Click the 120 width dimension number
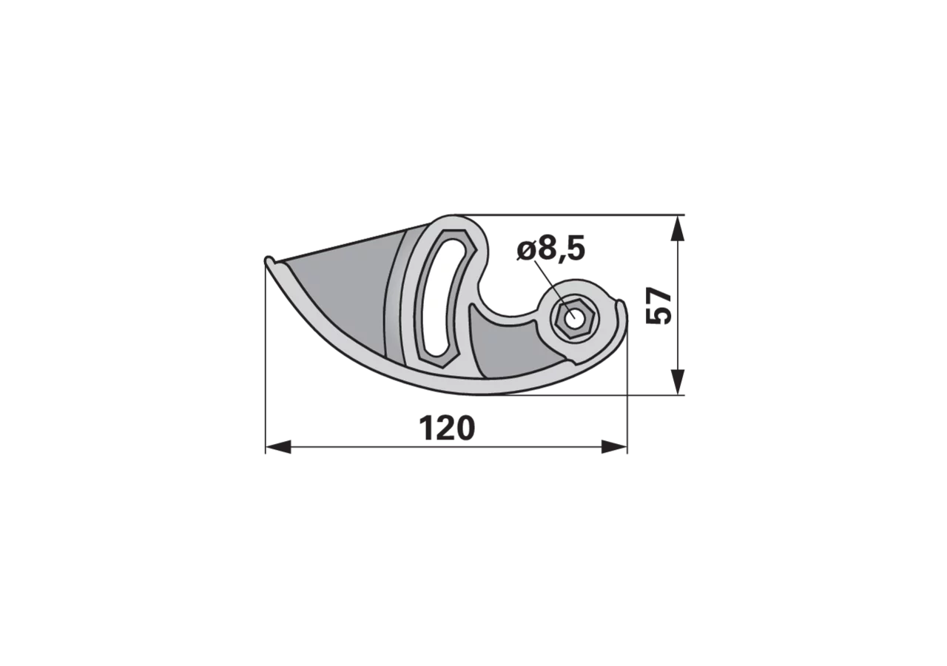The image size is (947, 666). pyautogui.click(x=447, y=428)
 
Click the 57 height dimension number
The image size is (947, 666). pyautogui.click(x=658, y=306)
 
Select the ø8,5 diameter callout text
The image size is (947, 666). pyautogui.click(x=551, y=249)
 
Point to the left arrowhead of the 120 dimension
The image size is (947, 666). pyautogui.click(x=278, y=447)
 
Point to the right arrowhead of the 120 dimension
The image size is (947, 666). pyautogui.click(x=614, y=447)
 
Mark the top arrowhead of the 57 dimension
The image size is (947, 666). pyautogui.click(x=678, y=229)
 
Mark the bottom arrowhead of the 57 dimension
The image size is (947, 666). pyautogui.click(x=678, y=382)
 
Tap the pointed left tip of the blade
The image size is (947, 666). pyautogui.click(x=267, y=260)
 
